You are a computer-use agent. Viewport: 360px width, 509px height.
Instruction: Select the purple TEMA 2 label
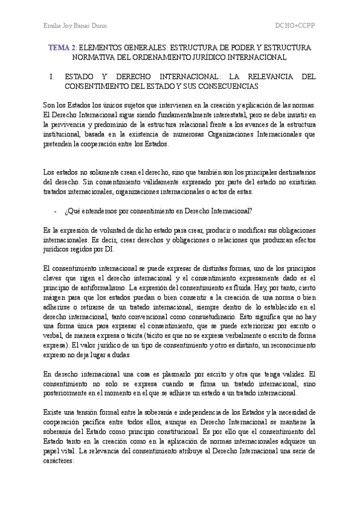tap(62, 47)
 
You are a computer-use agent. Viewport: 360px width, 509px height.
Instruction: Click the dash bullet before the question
tap(56, 211)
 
